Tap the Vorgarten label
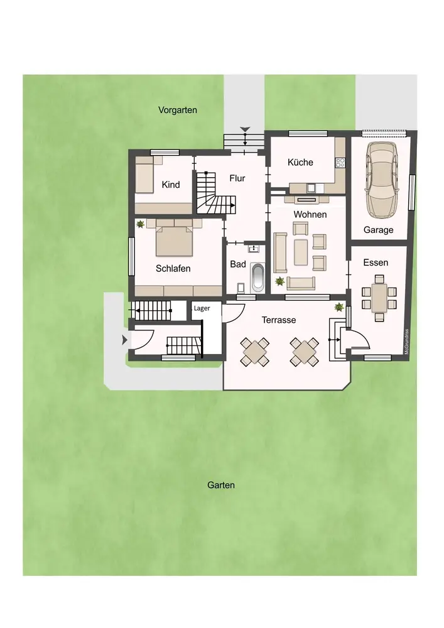[177, 110]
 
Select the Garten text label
[221, 485]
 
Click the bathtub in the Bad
[257, 277]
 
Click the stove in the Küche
[340, 162]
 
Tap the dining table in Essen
[379, 298]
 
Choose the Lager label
[202, 308]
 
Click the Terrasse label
[279, 320]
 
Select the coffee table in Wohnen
[301, 252]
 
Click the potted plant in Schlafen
[140, 224]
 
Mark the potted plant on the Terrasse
[339, 307]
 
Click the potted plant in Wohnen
[279, 281]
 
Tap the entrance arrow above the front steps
[245, 129]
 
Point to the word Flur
[237, 178]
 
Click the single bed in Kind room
[144, 175]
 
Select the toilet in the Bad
[241, 288]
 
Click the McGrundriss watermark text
[406, 342]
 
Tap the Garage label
[378, 230]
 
